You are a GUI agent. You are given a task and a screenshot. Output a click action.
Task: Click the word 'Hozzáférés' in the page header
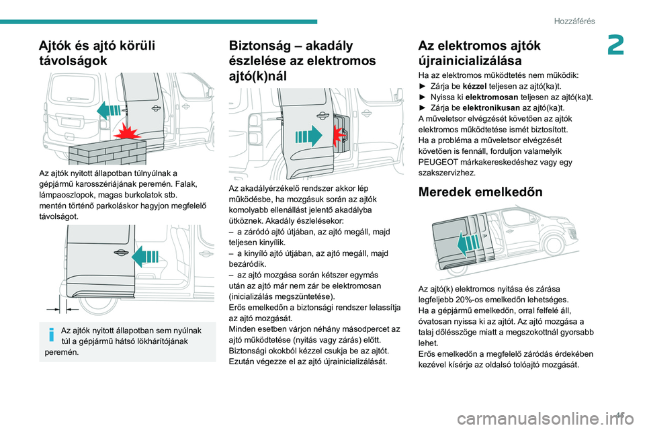(x=574, y=21)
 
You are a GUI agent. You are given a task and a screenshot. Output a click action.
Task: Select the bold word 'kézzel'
(x=476, y=87)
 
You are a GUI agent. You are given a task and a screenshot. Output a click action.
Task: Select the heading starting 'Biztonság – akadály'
(x=302, y=60)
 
